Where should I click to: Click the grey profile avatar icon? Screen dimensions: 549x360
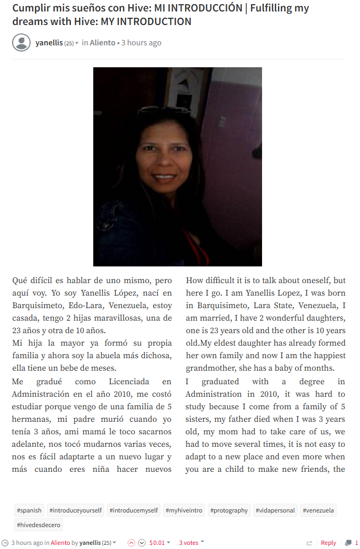tap(21, 43)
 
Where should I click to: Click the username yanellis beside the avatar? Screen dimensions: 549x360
tap(49, 43)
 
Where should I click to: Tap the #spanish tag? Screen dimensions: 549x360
tap(29, 510)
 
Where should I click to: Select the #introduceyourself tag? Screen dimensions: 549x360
tap(76, 510)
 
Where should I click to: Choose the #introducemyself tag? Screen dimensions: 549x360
tap(134, 510)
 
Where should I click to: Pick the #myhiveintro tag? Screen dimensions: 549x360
tap(184, 510)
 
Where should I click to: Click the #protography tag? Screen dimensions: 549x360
tap(229, 510)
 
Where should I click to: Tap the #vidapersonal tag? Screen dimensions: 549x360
tap(275, 510)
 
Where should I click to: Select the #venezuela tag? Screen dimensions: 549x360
tap(318, 510)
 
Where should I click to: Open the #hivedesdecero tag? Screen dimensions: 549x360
tap(39, 525)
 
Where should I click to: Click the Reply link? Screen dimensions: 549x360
tap(328, 543)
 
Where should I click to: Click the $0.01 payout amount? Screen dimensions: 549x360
tap(157, 543)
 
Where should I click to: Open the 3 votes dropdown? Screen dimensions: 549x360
tap(191, 543)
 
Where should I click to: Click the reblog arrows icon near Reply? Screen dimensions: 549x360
tap(309, 543)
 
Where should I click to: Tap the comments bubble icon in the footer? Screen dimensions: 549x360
tap(349, 543)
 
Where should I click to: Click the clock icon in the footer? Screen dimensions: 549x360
tap(5, 543)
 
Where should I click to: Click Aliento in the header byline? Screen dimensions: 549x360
tap(103, 43)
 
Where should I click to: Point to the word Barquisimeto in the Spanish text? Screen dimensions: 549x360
tap(36, 306)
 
